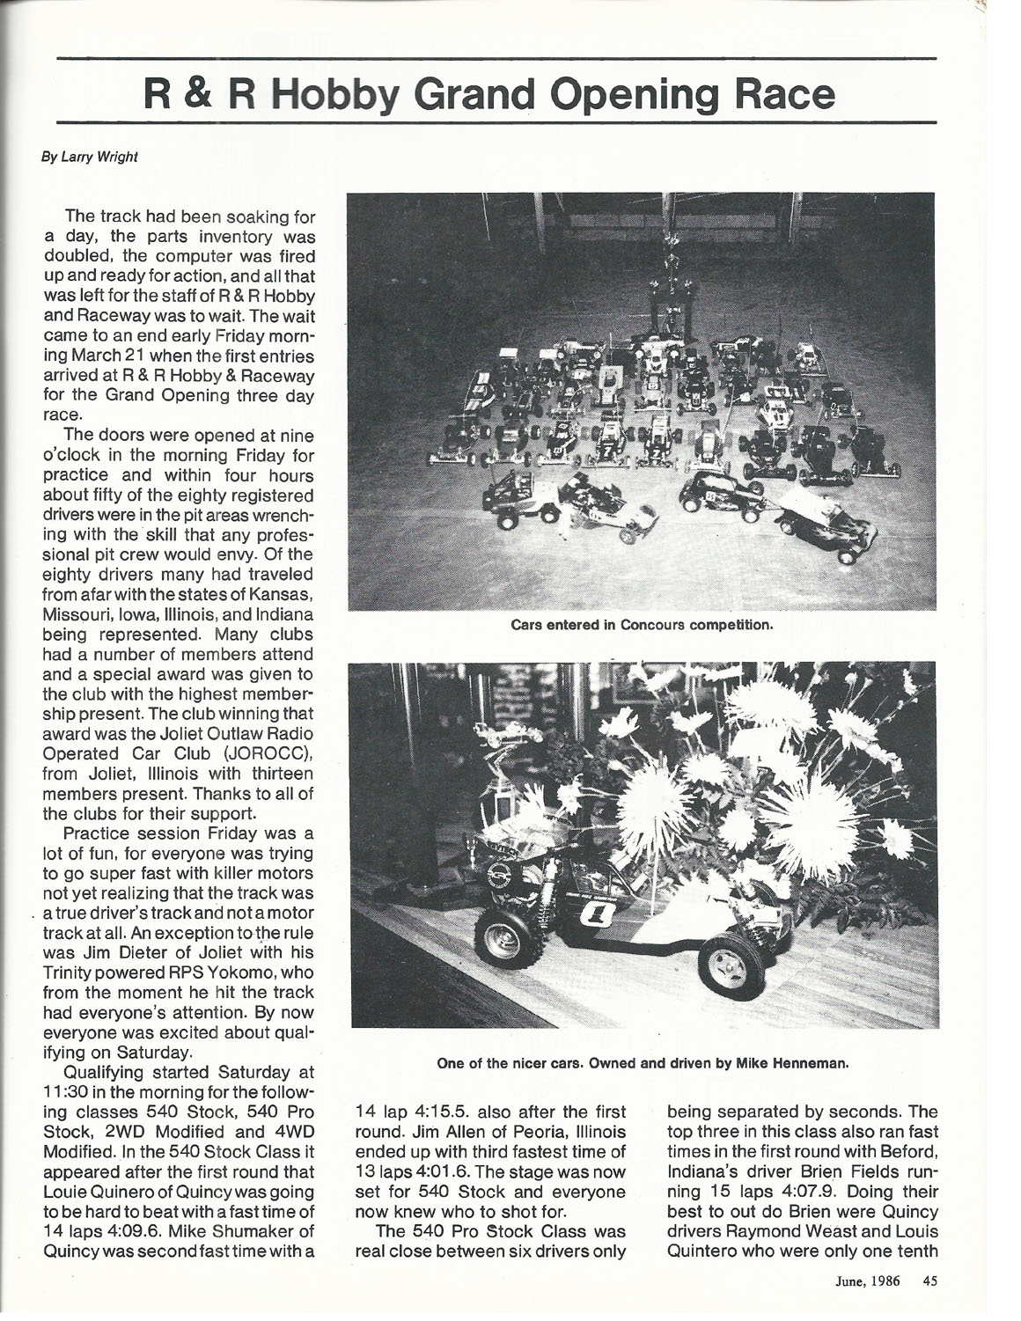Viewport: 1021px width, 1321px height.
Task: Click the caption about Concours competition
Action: pos(643,626)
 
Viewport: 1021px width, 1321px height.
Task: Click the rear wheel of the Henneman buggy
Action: pos(509,940)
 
